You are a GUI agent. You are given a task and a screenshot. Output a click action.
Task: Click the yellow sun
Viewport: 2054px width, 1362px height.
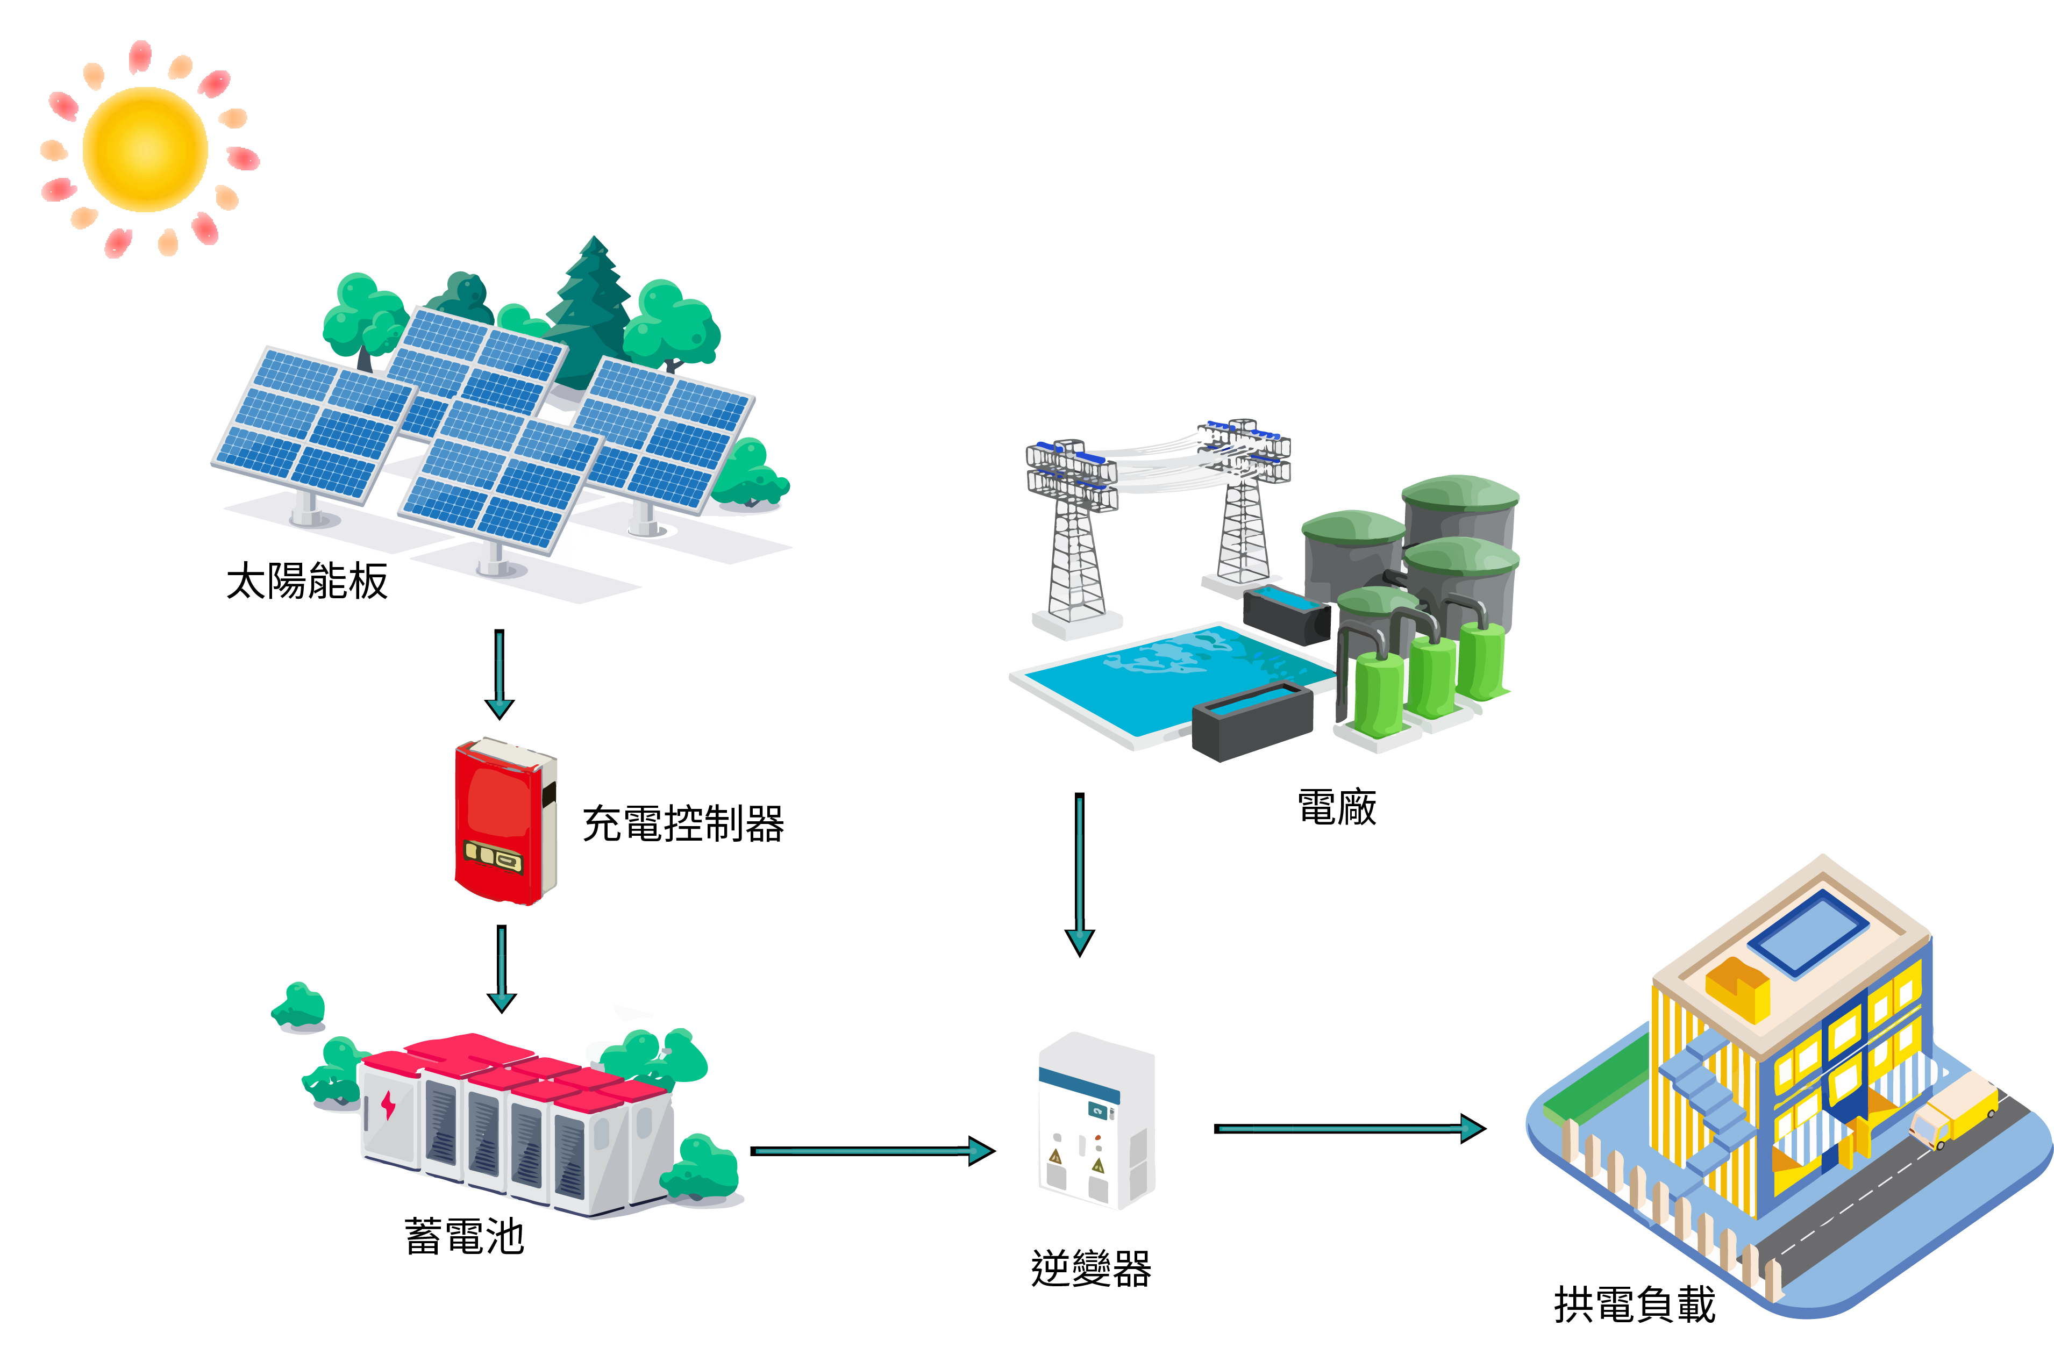click(x=145, y=149)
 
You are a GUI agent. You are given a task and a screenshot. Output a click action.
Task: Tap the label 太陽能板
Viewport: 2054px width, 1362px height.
click(x=306, y=581)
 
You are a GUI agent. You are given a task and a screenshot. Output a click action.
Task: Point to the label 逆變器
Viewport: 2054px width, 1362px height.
click(x=1090, y=1268)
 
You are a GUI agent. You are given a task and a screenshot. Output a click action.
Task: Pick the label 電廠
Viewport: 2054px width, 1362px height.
click(x=1336, y=807)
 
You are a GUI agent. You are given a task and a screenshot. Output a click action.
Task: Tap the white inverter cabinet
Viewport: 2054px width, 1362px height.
click(x=1096, y=1121)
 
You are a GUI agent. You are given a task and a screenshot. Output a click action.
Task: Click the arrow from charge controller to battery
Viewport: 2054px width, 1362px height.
click(x=501, y=969)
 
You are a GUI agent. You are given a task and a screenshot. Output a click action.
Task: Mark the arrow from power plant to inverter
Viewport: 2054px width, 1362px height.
click(x=1079, y=873)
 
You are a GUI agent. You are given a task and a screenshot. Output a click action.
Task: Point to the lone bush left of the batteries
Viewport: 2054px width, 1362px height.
click(x=299, y=1008)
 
